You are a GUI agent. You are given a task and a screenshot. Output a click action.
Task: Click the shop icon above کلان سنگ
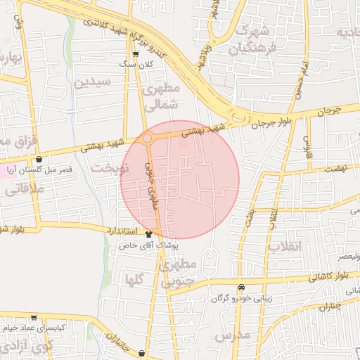click(136, 53)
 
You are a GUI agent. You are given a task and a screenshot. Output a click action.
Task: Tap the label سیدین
click(92, 82)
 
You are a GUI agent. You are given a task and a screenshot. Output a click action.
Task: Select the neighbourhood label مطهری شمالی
click(162, 98)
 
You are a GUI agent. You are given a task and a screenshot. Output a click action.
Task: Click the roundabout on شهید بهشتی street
click(148, 139)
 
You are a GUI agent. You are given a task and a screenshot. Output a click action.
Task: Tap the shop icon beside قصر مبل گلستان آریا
click(39, 159)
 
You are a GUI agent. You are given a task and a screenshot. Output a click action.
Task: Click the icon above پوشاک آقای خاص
click(148, 234)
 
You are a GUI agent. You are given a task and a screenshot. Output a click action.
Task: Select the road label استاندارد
click(125, 230)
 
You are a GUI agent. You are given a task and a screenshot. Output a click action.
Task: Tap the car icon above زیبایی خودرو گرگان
click(242, 287)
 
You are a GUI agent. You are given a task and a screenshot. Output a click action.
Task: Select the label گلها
click(134, 279)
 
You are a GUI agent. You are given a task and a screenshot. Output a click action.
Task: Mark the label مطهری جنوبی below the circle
click(175, 275)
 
